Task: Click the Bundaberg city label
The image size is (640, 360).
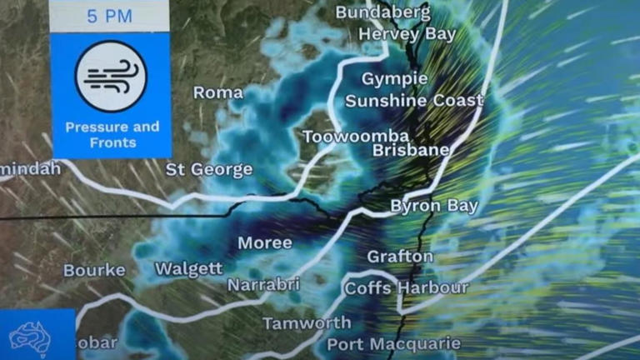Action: [382, 12]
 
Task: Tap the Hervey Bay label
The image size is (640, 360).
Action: [407, 34]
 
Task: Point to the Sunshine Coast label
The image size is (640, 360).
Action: [414, 101]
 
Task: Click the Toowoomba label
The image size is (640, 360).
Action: [356, 137]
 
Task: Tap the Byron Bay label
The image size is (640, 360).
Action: [435, 206]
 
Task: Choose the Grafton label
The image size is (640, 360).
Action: [401, 256]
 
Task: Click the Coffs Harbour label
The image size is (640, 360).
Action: [407, 288]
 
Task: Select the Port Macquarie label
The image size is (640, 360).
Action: [393, 343]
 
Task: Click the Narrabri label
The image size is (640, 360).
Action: [263, 285]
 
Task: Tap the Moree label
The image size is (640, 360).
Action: [265, 243]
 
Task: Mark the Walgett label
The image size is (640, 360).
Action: [189, 268]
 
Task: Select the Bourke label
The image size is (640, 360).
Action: [94, 270]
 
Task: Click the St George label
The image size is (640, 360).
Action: [208, 169]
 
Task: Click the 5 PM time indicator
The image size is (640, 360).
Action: [110, 16]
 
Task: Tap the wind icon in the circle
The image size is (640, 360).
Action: [111, 77]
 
